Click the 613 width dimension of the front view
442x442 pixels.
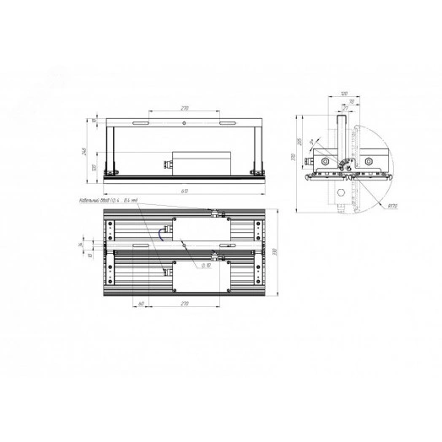(x=184, y=193)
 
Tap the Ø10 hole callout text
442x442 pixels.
(x=205, y=265)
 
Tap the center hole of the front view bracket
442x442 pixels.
(x=185, y=122)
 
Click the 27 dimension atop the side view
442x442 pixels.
(x=344, y=109)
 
